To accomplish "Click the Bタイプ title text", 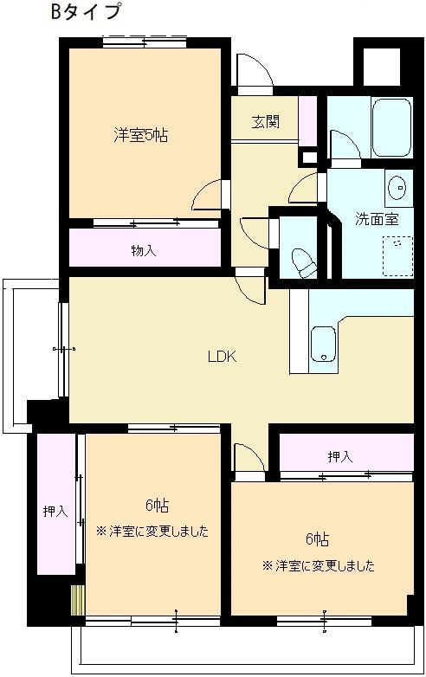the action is pos(85,11).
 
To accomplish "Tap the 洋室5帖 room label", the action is pos(141,136).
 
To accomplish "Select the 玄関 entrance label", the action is pos(266,122).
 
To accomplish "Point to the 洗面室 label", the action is pos(377,219).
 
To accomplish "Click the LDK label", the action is pos(223,357).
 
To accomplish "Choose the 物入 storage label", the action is pos(143,250).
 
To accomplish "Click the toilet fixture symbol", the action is pos(304,262).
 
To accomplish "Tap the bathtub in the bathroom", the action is pos(390,127).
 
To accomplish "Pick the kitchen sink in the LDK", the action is pos(323,344).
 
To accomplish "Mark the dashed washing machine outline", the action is pos(397,255).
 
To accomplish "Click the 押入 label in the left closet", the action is pos(55,512).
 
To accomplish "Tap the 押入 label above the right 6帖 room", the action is pos(340,456).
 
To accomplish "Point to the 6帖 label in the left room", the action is pos(156,506).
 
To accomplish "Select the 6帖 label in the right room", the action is pos(317,539).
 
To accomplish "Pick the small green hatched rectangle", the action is pos(78,600).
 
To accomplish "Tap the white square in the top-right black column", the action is pos(382,67).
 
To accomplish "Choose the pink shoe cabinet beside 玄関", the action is pos(307,121).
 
